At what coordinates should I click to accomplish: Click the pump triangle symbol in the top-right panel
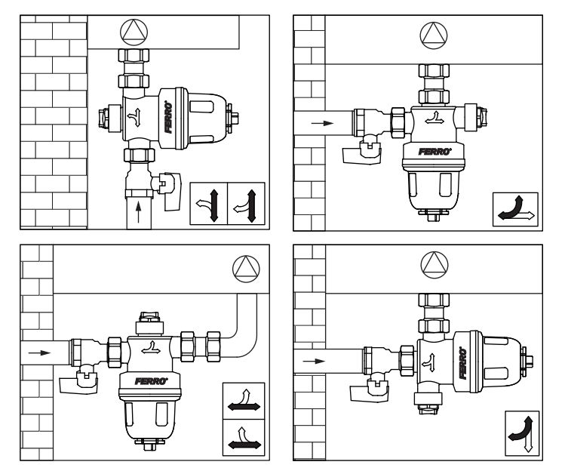coord(434,35)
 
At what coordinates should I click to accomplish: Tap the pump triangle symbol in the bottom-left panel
coord(246,269)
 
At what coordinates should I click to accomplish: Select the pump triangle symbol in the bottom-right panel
coord(434,265)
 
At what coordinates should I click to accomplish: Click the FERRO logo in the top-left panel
coord(168,117)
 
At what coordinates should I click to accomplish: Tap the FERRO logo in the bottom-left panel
coord(152,381)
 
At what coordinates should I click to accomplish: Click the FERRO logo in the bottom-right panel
coord(462,363)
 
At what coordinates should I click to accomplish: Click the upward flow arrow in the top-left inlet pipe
coord(139,212)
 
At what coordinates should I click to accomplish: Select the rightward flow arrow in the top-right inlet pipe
coord(323,123)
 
